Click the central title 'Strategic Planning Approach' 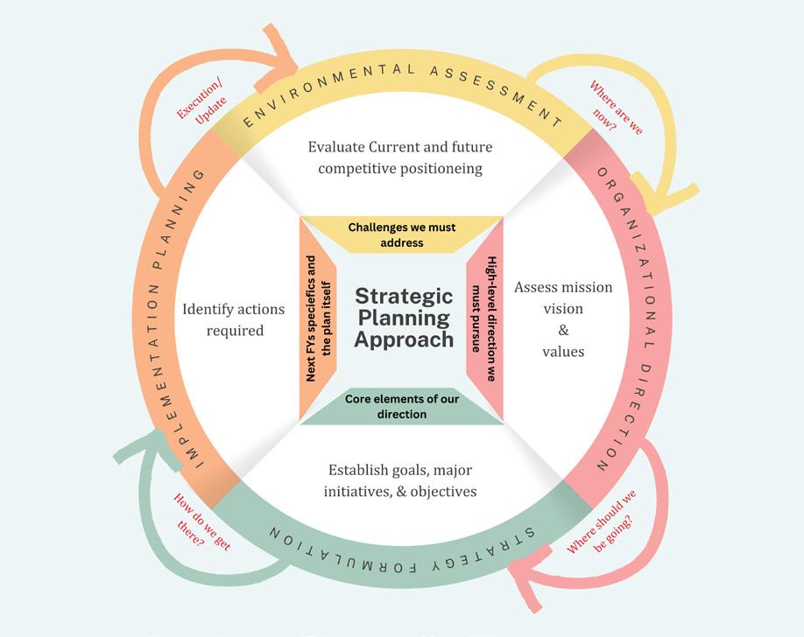(403, 318)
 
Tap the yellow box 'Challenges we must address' (402, 234)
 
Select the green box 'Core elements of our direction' (402, 406)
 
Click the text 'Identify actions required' (222, 319)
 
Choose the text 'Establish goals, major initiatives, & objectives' (400, 480)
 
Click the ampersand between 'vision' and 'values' (563, 330)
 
